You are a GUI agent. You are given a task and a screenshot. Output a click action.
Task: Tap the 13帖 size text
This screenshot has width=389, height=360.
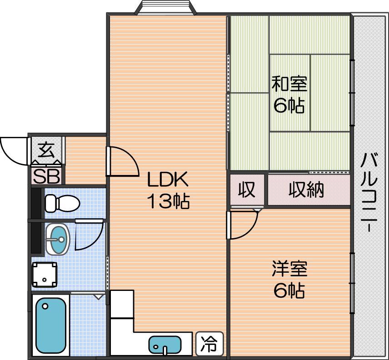coord(169,201)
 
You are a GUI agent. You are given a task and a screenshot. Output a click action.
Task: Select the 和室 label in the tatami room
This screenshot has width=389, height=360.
coord(289,84)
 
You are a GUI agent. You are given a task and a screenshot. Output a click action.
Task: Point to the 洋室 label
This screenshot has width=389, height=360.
coord(289,269)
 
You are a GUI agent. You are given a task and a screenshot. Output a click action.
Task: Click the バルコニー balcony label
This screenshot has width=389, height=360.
coord(369,192)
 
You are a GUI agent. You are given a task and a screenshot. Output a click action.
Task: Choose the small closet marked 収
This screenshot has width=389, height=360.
coord(247,190)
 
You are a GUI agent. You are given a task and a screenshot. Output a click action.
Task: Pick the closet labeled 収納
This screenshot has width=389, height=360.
coord(309,190)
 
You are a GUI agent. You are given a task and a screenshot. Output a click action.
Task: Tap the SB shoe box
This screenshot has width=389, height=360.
coord(46,176)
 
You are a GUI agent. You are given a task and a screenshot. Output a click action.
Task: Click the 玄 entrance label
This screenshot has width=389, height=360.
coord(46,150)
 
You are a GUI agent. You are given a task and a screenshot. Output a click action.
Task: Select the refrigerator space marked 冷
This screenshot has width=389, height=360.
coord(209,344)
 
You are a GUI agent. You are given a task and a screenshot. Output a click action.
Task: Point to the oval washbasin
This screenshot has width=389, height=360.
coord(58,239)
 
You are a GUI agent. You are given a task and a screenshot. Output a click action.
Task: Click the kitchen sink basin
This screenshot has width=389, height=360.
coord(165,345)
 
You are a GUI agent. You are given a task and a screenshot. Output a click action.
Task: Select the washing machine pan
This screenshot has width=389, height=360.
coord(45,275)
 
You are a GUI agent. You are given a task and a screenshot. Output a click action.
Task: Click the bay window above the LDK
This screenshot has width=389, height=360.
coord(165,7)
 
